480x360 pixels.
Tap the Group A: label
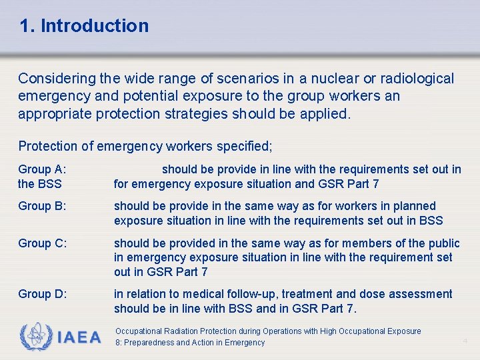pos(42,170)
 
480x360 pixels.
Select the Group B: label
pos(42,207)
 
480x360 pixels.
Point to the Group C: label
pos(42,243)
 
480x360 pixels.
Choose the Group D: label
pos(42,294)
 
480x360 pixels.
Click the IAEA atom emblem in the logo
pos(35,337)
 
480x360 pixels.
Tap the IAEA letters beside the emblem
pos(79,337)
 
